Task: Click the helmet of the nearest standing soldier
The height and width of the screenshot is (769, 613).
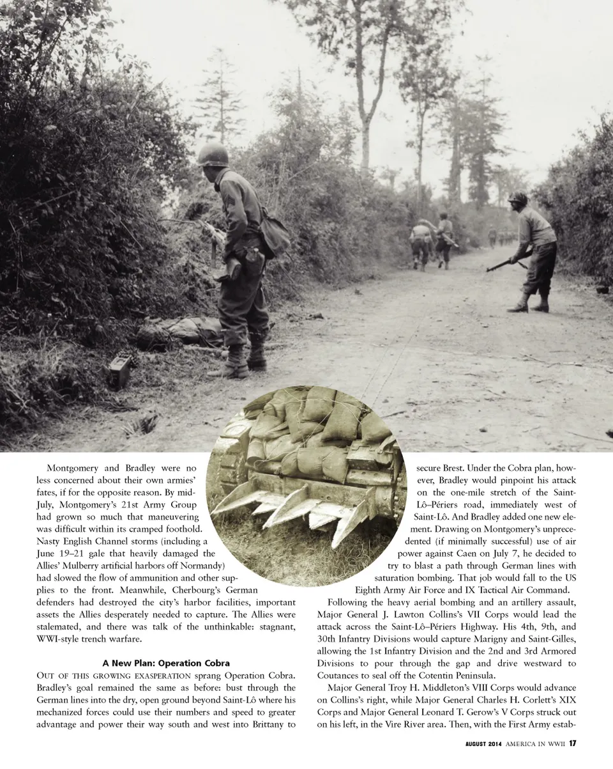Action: click(213, 154)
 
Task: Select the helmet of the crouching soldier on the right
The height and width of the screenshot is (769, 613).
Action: click(518, 198)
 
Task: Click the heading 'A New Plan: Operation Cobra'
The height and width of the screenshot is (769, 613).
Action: click(166, 663)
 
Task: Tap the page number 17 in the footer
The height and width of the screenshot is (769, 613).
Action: click(573, 743)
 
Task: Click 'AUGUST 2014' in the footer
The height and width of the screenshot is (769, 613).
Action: click(485, 743)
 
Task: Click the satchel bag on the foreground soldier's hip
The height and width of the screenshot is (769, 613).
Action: click(273, 236)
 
